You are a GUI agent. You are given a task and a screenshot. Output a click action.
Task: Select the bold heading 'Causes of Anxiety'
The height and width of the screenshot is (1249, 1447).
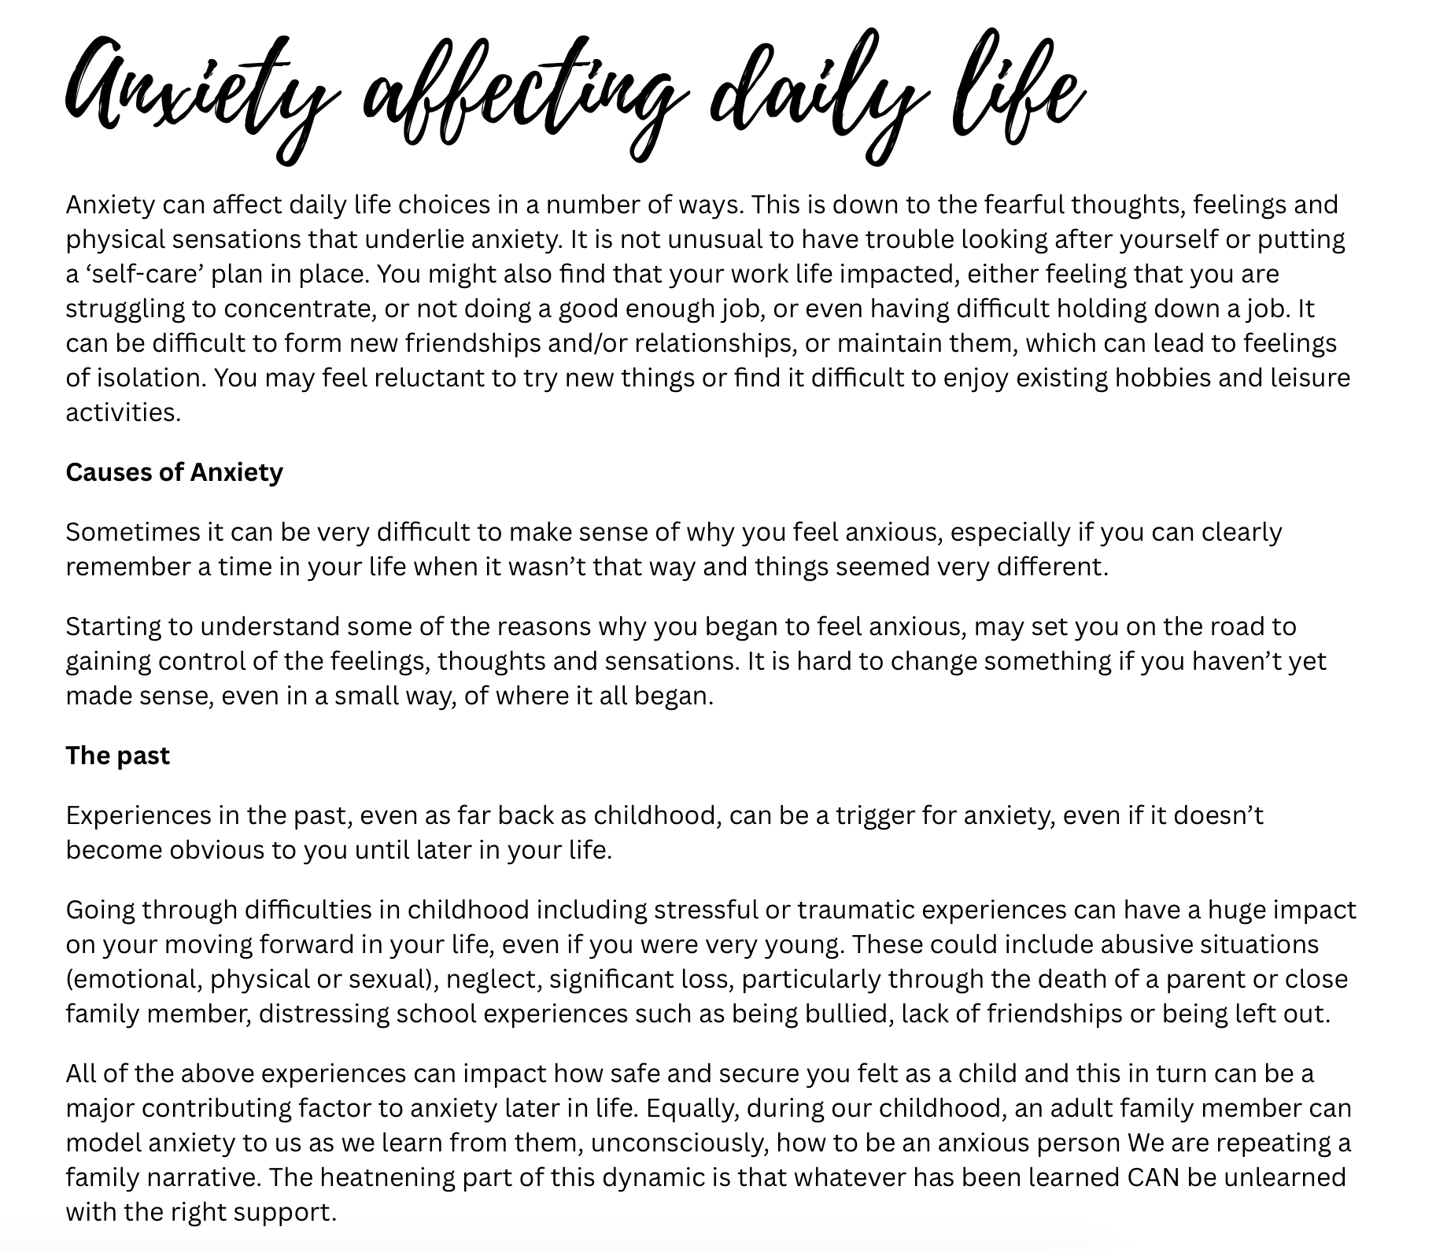coord(174,472)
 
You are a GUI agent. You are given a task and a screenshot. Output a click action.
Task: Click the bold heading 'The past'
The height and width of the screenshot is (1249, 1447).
coord(118,756)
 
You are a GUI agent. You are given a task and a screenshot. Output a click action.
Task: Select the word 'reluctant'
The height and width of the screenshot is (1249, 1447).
coord(430,378)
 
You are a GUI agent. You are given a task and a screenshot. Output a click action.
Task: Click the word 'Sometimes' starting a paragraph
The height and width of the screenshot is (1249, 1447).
coord(133,532)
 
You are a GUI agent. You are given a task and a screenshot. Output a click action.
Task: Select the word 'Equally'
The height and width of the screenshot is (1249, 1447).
coord(692,1108)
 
